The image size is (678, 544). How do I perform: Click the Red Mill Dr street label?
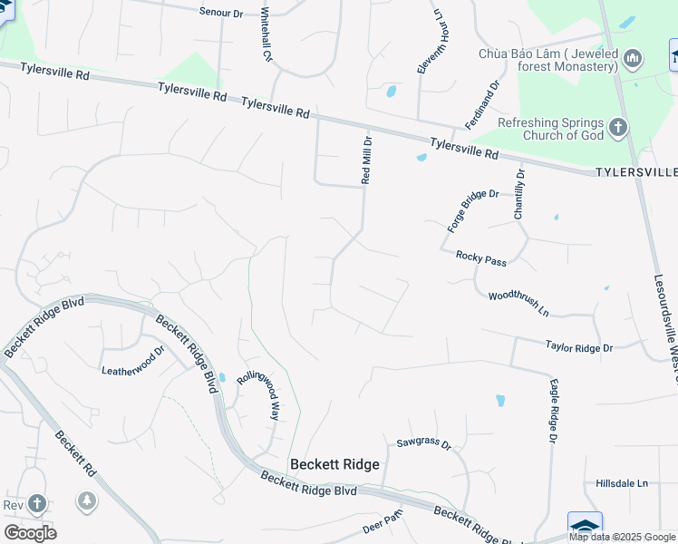pos(367,160)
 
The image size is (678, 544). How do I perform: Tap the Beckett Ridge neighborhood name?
pos(334,464)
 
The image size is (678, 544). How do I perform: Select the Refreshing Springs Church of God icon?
pos(618,127)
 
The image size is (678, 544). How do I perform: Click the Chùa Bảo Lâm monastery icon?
pos(634,60)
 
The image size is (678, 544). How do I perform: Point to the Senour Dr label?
pos(222,12)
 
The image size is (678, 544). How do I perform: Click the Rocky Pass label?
pos(480,258)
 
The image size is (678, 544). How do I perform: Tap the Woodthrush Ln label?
pos(518,302)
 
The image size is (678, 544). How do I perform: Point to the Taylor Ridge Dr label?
pos(579,346)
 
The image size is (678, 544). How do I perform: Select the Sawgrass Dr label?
pos(424,443)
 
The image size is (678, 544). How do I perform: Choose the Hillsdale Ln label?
pos(622,483)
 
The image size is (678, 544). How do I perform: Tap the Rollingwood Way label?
pos(257,393)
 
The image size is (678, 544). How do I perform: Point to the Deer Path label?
pos(383,523)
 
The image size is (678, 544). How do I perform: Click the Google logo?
pos(30,533)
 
